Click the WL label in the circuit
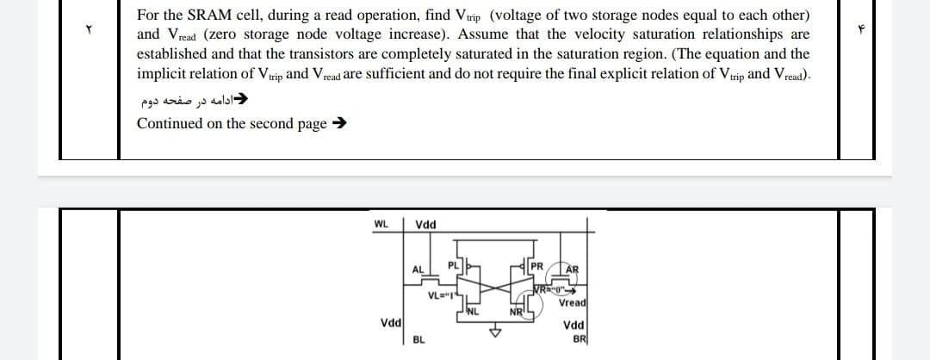(380, 225)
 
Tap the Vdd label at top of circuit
(425, 225)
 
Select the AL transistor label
(418, 270)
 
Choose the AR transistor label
(573, 269)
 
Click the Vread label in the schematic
(573, 302)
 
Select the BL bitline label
(418, 338)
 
